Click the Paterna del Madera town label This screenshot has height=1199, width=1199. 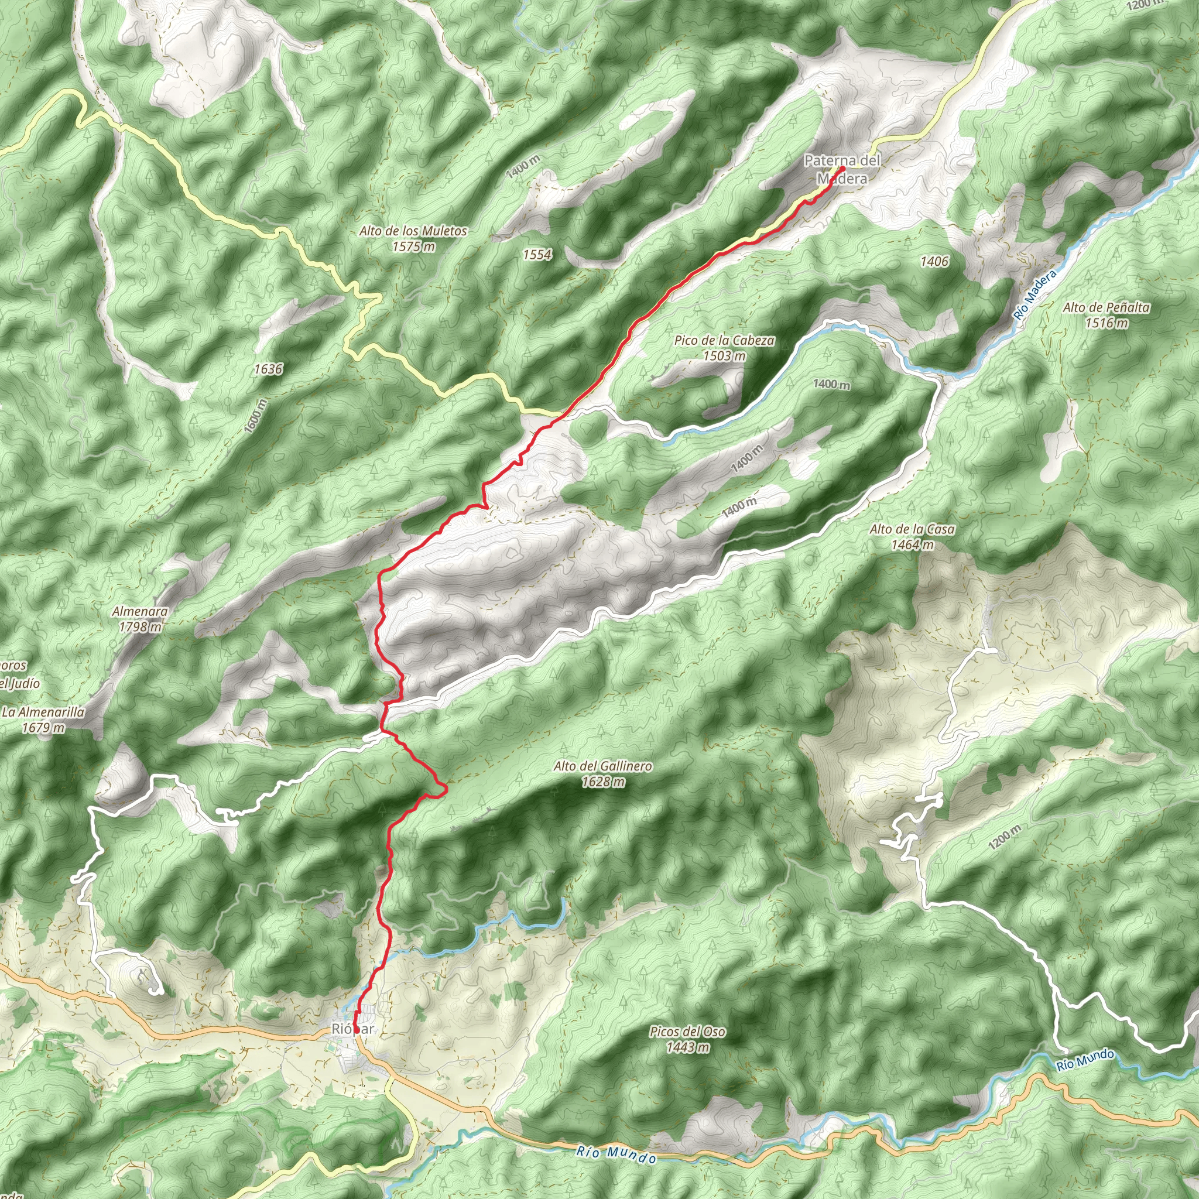point(841,169)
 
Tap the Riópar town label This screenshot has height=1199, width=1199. point(352,1029)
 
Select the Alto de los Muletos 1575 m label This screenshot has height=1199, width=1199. point(413,238)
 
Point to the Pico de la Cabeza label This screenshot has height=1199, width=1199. point(724,348)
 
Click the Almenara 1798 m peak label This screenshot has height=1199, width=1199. point(141,619)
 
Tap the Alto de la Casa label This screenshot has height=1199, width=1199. point(912,537)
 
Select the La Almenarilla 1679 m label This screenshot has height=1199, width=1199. point(43,720)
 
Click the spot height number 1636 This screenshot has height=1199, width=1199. point(268,369)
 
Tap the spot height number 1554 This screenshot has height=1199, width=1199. point(537,255)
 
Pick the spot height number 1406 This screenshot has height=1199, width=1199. point(934,261)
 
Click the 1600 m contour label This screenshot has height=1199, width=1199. point(255,415)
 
